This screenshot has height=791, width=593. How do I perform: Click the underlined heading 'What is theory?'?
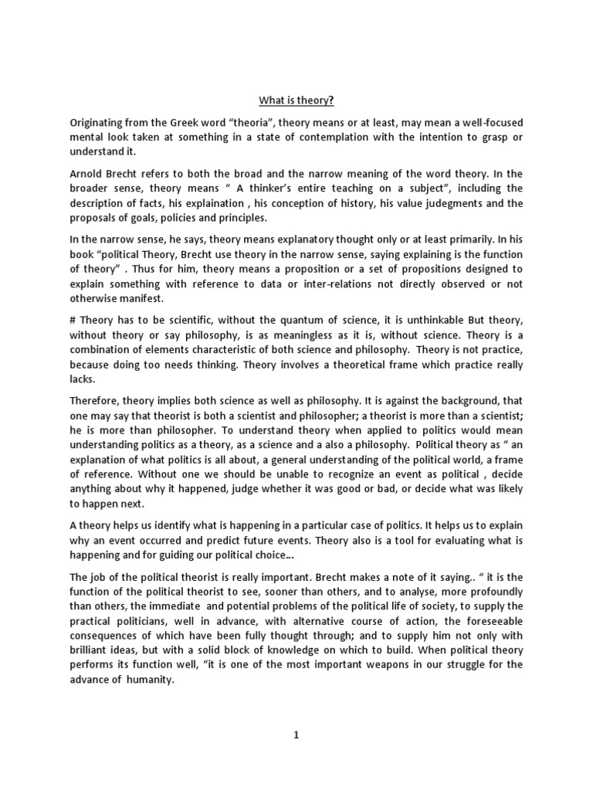(x=296, y=100)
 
